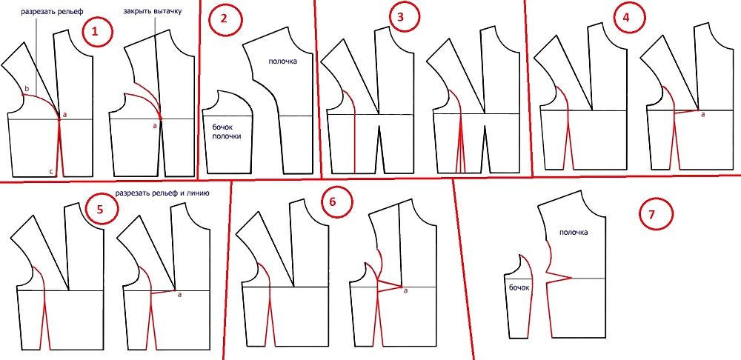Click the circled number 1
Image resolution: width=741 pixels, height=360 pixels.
(x=96, y=32)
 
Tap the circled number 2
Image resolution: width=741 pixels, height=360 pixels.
(x=225, y=20)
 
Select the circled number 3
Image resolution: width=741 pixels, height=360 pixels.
(x=401, y=18)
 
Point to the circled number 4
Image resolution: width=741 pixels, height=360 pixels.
(x=627, y=18)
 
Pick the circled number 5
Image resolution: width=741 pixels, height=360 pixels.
(x=99, y=210)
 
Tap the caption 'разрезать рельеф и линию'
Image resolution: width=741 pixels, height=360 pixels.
(x=159, y=193)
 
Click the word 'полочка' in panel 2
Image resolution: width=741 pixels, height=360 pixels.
(x=284, y=61)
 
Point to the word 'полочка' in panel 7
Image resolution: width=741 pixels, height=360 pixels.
(x=574, y=233)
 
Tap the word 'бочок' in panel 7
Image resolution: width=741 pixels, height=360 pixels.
(x=518, y=287)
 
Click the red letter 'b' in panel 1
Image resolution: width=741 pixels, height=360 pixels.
(x=27, y=89)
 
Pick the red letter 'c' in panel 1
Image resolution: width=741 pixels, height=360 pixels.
(x=52, y=171)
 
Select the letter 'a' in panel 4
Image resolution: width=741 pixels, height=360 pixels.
(x=702, y=115)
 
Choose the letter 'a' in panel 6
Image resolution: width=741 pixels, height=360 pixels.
(x=405, y=291)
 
